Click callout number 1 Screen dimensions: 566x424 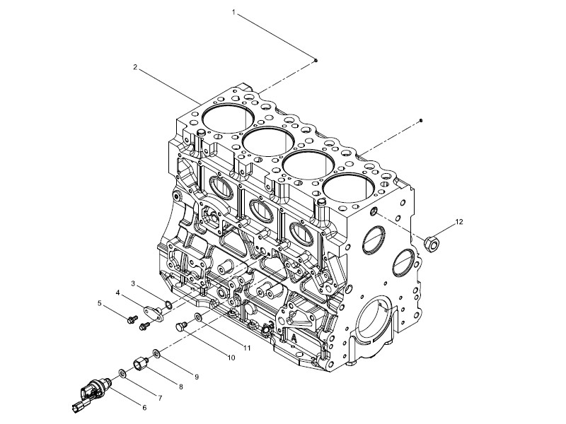coord(233,13)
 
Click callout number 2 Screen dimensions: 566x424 coord(135,67)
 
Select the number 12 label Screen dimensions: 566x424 coord(458,222)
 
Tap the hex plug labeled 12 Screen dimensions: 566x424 coord(432,244)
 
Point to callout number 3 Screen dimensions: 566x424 coord(133,284)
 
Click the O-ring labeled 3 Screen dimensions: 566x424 coord(168,305)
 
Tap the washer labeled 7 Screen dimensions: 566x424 coord(122,374)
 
